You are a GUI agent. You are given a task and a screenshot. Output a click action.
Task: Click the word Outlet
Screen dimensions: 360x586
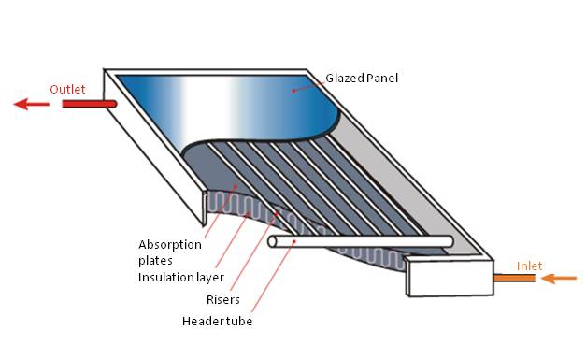[67, 89]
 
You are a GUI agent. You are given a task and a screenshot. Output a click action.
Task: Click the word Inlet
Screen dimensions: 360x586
[529, 266]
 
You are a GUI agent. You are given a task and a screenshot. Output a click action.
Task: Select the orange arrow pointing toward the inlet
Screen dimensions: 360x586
[560, 278]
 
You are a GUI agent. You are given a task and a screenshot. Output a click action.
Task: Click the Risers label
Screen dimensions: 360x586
[222, 300]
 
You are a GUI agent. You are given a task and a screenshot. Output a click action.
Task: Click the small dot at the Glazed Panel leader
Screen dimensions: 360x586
[293, 91]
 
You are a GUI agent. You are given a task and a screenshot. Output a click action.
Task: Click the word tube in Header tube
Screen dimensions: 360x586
[238, 322]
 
